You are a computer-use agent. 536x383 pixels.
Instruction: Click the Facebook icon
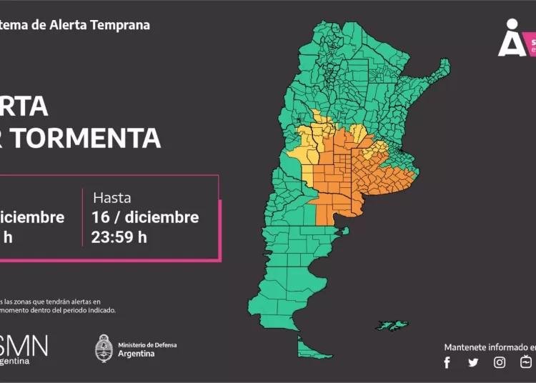tap(447, 362)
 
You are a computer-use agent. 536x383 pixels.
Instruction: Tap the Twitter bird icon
tap(473, 362)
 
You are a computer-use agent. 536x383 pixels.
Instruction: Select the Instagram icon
tap(500, 362)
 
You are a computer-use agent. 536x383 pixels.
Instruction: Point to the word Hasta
tap(111, 198)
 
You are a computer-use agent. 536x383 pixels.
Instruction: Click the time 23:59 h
tap(119, 237)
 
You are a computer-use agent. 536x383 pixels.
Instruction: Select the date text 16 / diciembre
tap(145, 217)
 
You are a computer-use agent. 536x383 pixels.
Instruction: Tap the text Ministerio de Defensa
tap(147, 345)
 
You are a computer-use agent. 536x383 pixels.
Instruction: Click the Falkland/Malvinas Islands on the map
tap(392, 325)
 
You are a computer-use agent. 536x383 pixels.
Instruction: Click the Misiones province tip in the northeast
tap(444, 69)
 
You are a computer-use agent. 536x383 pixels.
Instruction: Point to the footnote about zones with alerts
tap(57, 306)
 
